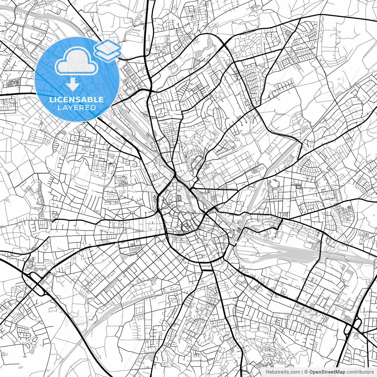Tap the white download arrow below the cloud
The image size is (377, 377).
coord(73,85)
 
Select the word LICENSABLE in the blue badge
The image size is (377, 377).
coord(77,100)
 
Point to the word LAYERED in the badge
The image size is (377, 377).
coord(77,108)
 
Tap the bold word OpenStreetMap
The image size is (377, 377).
coord(327,372)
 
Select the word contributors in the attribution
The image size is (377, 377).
coord(360,372)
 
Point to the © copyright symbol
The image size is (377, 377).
coord(306,372)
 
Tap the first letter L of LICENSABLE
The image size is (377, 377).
coord(52,100)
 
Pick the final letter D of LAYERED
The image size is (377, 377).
coord(94,108)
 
